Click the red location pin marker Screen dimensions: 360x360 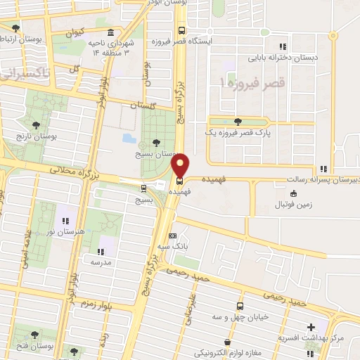[x=181, y=167]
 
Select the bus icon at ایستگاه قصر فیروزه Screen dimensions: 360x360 [x=182, y=30]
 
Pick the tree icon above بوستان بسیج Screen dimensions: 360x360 [x=155, y=143]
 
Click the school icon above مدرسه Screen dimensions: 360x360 [x=99, y=251]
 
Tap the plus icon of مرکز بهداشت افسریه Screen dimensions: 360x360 [x=311, y=327]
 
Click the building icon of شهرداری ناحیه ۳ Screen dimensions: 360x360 [x=111, y=33]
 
